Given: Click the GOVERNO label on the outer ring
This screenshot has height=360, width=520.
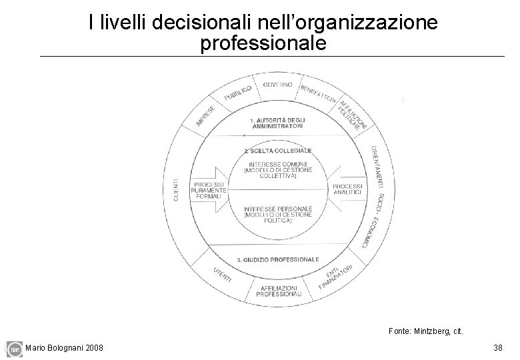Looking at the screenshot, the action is [x=277, y=85].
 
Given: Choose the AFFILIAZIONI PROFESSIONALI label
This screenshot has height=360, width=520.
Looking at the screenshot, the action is [x=277, y=291].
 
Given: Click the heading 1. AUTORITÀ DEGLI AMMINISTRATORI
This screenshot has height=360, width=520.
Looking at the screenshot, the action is [x=277, y=123].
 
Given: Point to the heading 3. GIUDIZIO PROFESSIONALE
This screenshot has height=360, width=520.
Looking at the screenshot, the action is [x=278, y=259].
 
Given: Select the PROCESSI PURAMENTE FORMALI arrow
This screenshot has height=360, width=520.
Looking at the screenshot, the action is [x=210, y=190].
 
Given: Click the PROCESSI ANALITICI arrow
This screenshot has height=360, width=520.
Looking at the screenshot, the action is [x=345, y=189].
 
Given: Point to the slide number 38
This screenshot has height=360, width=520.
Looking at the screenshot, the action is [x=497, y=347].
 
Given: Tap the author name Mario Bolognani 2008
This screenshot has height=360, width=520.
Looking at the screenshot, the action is [x=64, y=347].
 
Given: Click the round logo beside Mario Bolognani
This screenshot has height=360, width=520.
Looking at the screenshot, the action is [x=14, y=348].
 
